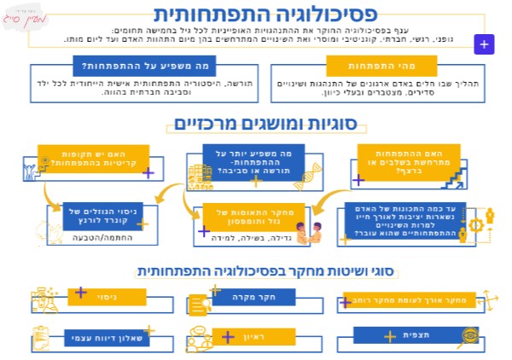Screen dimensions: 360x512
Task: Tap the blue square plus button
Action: click(484, 44)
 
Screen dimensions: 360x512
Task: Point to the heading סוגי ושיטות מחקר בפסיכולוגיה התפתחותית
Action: click(256, 270)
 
